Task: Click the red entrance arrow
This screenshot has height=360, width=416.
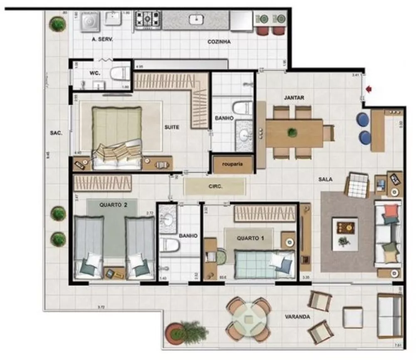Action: click(x=368, y=89)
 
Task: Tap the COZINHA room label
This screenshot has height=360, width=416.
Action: click(x=219, y=42)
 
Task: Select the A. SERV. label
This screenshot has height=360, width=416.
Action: click(x=102, y=40)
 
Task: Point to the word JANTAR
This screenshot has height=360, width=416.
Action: click(x=294, y=98)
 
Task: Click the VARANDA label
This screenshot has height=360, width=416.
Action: click(x=297, y=316)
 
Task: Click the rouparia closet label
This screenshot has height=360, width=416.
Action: click(x=233, y=165)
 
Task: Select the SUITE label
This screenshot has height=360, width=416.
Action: click(x=171, y=127)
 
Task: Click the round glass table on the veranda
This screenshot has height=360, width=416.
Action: click(x=249, y=319)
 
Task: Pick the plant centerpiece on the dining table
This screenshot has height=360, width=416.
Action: click(x=292, y=132)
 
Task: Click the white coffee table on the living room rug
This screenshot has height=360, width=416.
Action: click(x=345, y=233)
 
